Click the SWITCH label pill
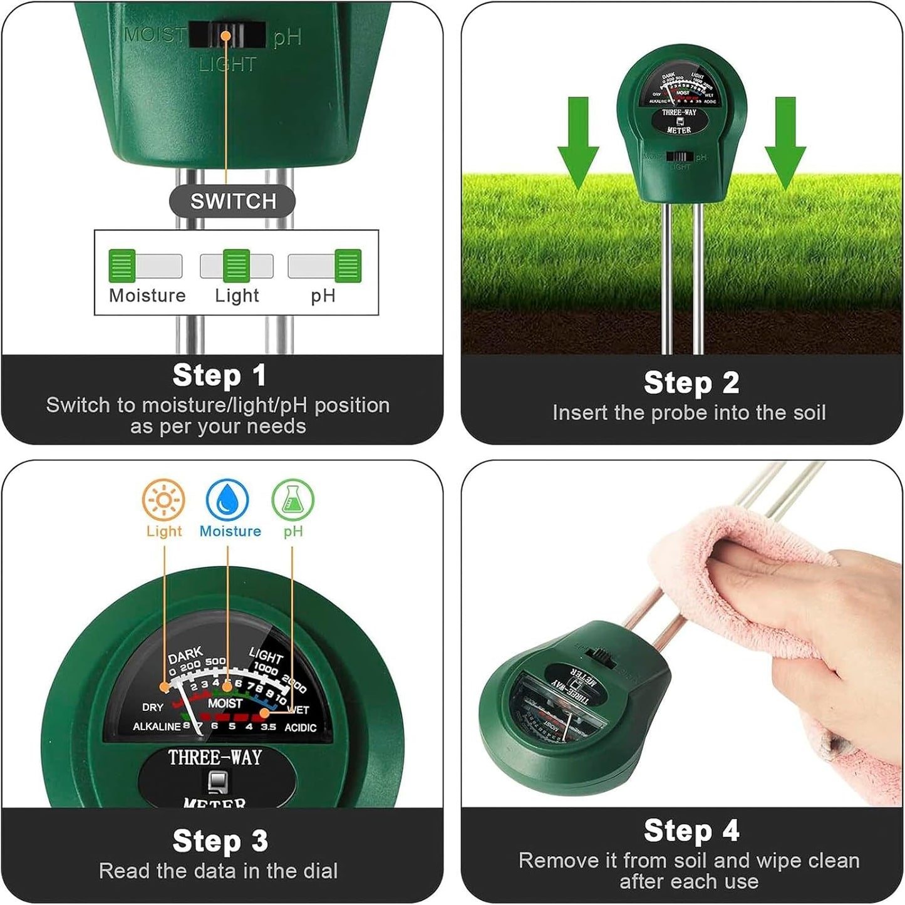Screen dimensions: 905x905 [232, 201]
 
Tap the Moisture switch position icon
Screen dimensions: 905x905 [145, 266]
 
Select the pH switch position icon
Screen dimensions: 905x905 [324, 266]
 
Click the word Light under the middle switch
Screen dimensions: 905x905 [237, 295]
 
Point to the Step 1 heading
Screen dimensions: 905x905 [220, 376]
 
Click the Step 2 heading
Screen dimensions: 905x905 [691, 383]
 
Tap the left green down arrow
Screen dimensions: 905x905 [578, 142]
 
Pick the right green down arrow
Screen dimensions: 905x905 [785, 142]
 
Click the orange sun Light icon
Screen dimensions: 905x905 [163, 500]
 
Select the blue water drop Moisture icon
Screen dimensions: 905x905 [228, 500]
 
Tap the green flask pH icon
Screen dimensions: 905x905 [292, 500]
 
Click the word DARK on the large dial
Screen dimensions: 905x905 [185, 656]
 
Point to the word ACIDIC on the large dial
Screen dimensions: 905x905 [300, 728]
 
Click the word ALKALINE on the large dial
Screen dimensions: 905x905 [157, 727]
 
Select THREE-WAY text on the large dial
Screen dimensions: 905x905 [215, 757]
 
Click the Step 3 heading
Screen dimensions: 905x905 [220, 840]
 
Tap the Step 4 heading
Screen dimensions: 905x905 [691, 831]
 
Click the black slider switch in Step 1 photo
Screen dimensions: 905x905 [225, 36]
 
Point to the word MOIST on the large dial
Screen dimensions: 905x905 [225, 703]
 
